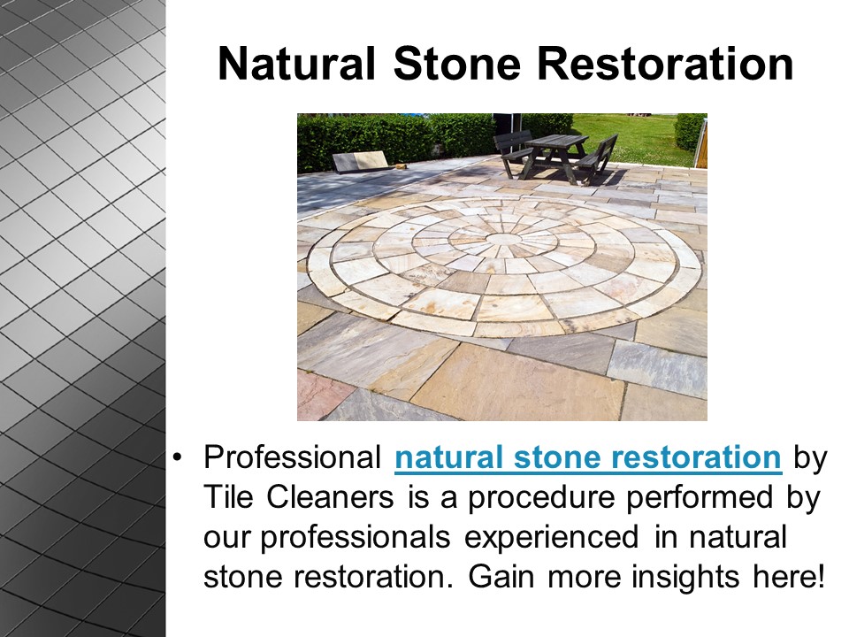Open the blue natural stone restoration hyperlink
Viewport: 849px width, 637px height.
588,458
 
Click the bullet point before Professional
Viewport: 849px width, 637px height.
178,459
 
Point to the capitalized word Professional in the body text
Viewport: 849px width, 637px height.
293,458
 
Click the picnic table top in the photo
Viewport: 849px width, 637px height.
555,139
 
